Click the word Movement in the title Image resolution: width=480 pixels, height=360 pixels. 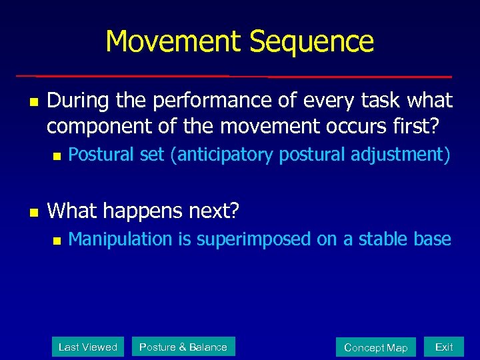175,41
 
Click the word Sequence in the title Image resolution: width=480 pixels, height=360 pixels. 312,41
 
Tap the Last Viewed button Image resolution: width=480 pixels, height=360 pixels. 88,347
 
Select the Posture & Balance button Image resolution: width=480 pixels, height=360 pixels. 183,347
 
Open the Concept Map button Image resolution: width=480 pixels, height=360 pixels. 375,347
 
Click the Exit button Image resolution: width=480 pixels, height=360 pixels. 443,347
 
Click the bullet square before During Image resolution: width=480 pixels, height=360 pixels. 32,102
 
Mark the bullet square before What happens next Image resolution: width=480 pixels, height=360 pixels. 32,212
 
